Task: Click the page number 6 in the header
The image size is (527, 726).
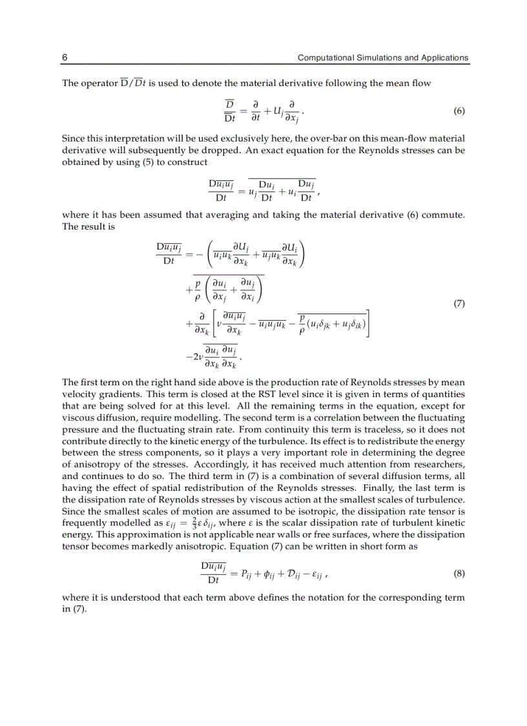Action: click(65, 58)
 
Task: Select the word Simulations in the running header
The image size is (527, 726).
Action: click(377, 58)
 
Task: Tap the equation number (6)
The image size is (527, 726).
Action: click(459, 111)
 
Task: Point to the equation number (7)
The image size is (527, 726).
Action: click(459, 303)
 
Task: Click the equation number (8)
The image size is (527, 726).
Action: click(459, 573)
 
